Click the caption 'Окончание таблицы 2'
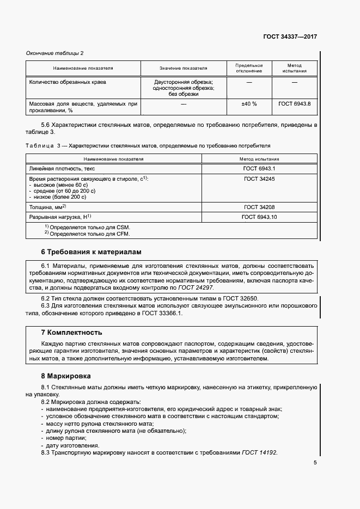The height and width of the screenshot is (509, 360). [x=55, y=53]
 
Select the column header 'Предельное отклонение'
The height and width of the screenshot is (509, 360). [x=248, y=68]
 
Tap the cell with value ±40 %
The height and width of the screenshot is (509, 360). [x=249, y=103]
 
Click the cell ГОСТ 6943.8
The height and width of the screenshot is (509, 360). [x=294, y=103]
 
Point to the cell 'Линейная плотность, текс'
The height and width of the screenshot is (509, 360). [x=62, y=169]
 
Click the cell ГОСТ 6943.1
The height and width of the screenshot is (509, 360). [x=260, y=169]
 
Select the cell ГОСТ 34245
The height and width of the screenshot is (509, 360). [x=259, y=179]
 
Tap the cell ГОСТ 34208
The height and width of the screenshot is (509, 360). [x=259, y=207]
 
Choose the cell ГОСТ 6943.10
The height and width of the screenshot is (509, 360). [x=259, y=217]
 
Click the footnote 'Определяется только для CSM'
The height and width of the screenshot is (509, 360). [x=87, y=227]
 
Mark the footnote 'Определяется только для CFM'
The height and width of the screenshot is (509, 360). [x=87, y=234]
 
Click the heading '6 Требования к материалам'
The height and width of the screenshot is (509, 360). [x=91, y=252]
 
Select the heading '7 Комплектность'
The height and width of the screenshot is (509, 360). [x=72, y=332]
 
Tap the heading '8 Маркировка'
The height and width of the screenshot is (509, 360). [x=66, y=376]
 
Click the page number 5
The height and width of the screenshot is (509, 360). [x=315, y=463]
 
